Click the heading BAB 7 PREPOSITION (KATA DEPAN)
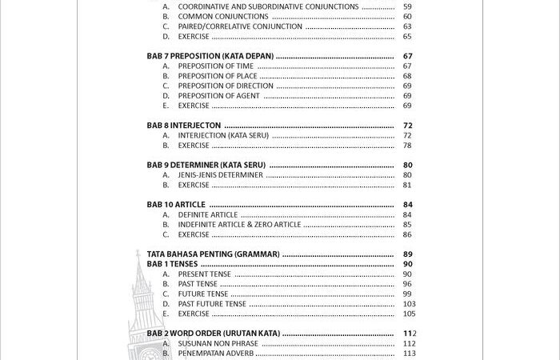coord(210,56)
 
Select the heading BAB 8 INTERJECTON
coord(184,126)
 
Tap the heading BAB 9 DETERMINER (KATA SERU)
coord(206,165)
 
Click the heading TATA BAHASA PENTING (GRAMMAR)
coord(213,254)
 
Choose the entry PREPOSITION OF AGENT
coord(218,96)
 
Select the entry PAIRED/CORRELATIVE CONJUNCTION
coord(240,26)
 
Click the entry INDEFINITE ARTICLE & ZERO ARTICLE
coord(239,225)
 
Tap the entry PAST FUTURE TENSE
coord(212,304)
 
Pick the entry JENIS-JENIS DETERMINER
coord(220,175)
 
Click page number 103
coord(408,304)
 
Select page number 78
coord(407,146)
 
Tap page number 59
coord(407,6)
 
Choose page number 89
coord(407,254)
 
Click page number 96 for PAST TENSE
coord(407,284)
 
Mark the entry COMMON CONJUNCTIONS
coord(223,16)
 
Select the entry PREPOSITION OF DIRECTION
coord(226,86)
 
